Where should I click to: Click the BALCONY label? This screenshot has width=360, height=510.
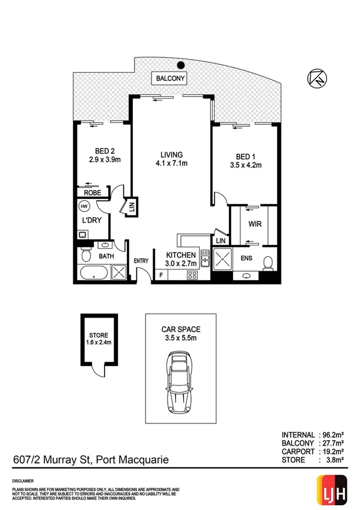tap(171, 79)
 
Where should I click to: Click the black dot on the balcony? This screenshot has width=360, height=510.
tap(180, 66)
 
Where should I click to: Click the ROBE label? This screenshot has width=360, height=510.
tap(91, 192)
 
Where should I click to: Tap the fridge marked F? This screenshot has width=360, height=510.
tap(161, 276)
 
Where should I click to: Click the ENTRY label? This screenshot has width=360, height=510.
tap(141, 260)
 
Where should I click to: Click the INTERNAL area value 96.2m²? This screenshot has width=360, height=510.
tap(328, 434)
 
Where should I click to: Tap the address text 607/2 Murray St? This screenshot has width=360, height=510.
tap(51, 460)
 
